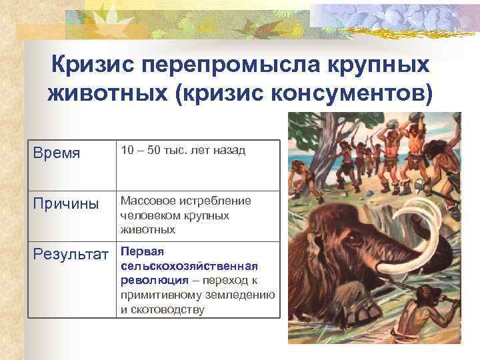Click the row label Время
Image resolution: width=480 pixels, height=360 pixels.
point(57,153)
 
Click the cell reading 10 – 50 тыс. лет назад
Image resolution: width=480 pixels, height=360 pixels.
point(183,151)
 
